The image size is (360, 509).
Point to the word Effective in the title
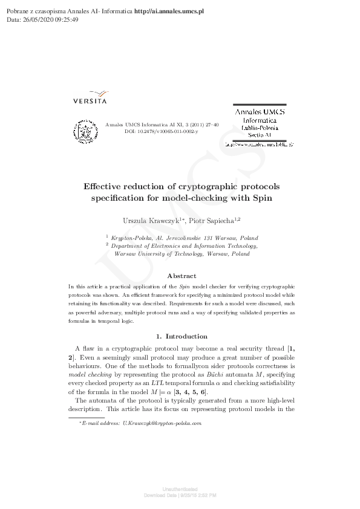coord(104,186)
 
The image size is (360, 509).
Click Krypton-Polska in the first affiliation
coord(128,238)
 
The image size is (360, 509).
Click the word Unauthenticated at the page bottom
coord(180,488)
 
